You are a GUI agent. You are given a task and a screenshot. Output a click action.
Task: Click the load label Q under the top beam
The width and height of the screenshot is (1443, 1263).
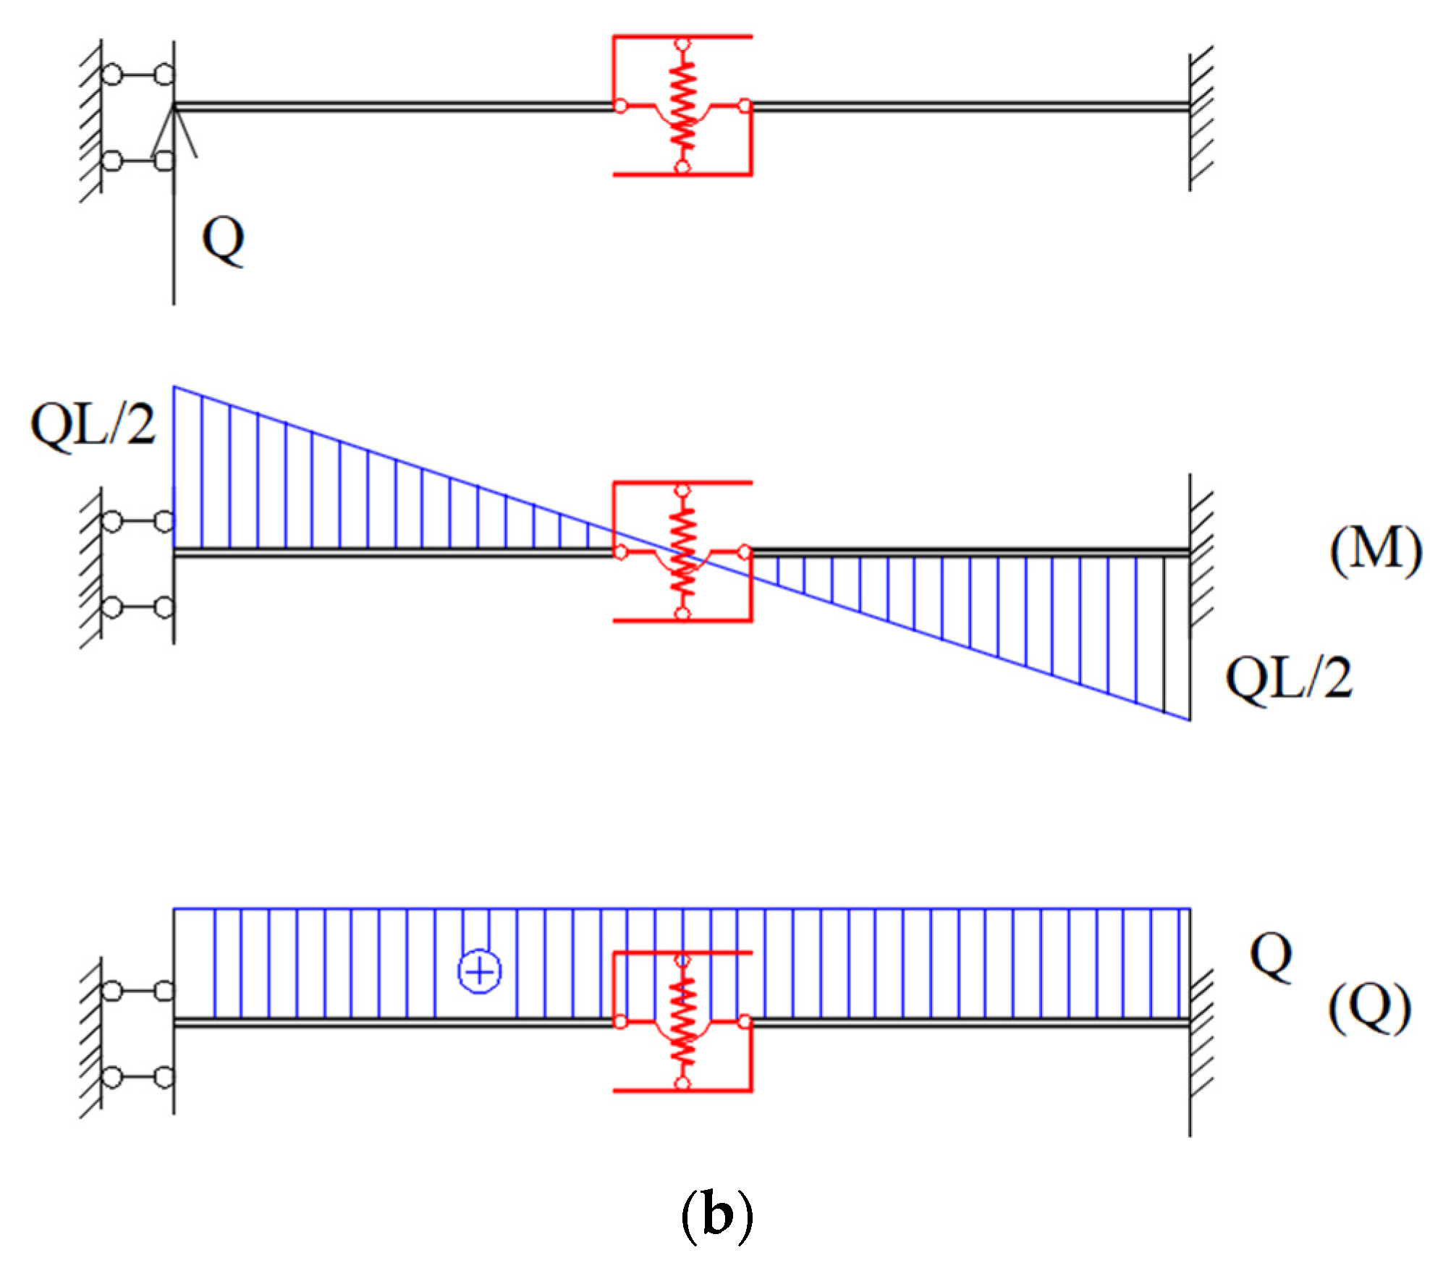pos(223,240)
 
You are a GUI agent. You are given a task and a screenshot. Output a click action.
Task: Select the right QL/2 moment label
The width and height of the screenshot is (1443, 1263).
pos(1288,677)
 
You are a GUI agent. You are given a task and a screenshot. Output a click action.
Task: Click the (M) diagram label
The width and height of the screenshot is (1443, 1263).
pos(1375,551)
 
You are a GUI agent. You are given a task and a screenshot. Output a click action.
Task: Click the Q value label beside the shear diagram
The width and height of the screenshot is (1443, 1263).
pos(1271,956)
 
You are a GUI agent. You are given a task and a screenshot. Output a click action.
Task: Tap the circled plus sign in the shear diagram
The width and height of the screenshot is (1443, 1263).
pos(479,971)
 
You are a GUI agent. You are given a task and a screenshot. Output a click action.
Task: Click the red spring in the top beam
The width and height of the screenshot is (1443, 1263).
pos(682,106)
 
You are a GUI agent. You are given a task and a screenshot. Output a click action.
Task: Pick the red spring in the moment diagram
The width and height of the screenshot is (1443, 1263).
pos(682,552)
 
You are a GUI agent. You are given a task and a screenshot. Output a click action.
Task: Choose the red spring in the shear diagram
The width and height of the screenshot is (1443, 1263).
pos(682,1021)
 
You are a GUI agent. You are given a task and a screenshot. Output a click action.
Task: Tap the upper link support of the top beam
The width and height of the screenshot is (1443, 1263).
pos(138,75)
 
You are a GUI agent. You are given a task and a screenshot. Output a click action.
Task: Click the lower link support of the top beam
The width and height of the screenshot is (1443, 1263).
pos(138,160)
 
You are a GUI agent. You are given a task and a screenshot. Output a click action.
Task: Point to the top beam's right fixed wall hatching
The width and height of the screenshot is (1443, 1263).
pos(1201,116)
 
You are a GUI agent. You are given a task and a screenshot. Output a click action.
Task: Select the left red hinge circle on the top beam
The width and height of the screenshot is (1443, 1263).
pos(620,106)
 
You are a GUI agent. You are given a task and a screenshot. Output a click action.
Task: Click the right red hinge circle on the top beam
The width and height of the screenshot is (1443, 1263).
pos(745,106)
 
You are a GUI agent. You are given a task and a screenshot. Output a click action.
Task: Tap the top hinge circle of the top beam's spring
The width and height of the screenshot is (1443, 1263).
pos(682,44)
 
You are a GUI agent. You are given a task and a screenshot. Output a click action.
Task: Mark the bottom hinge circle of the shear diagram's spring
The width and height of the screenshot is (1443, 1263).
pos(682,1084)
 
